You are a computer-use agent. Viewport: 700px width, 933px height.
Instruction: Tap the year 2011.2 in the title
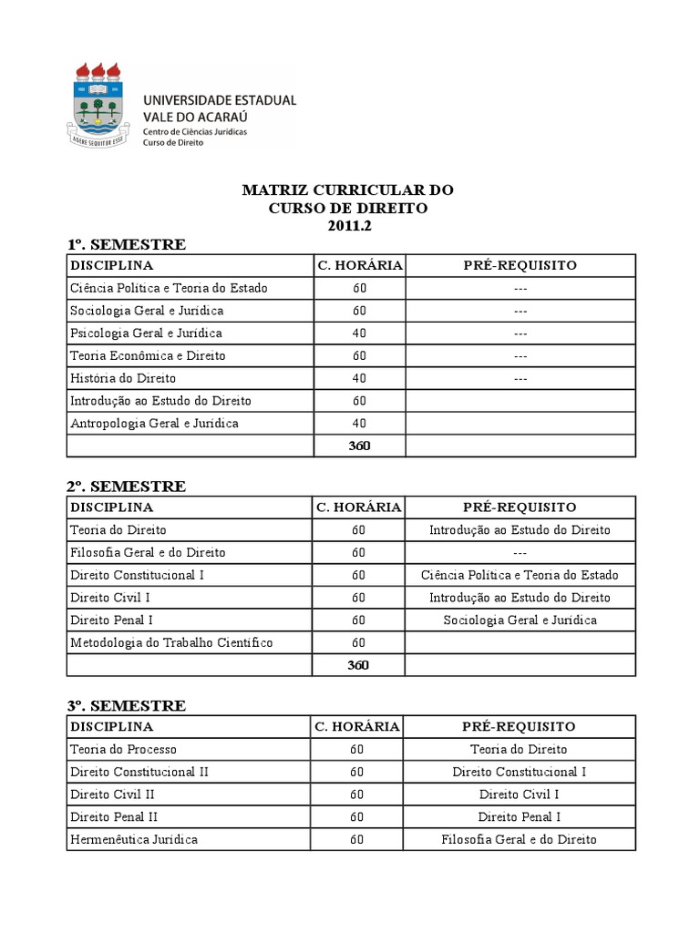point(346,226)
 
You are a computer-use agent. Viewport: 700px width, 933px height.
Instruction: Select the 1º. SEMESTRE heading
point(126,244)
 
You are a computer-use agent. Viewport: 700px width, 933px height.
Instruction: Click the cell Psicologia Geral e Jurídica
point(146,333)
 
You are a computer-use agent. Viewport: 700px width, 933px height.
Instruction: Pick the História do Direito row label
point(123,378)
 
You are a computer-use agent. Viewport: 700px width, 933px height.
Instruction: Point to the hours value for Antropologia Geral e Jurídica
point(358,424)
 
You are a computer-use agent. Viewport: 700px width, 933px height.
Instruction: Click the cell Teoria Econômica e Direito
point(148,355)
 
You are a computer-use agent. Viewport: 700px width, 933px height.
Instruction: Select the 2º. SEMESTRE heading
point(126,487)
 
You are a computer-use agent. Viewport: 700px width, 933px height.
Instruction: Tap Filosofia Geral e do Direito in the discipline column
point(148,552)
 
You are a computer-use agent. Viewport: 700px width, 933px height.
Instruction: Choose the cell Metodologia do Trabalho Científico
point(171,642)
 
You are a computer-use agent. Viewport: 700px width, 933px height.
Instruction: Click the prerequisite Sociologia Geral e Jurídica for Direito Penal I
point(520,620)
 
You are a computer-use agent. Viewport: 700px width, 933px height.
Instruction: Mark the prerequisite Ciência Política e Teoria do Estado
point(520,575)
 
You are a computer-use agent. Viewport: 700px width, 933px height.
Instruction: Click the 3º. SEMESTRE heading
point(126,706)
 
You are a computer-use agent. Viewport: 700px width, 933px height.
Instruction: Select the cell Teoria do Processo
point(123,749)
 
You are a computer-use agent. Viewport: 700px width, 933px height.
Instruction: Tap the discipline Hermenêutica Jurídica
point(134,839)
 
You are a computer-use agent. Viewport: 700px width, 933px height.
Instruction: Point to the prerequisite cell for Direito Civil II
point(520,795)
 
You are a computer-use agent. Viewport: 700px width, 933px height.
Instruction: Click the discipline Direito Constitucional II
point(139,772)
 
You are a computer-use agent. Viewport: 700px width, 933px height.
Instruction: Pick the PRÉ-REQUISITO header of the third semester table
point(520,726)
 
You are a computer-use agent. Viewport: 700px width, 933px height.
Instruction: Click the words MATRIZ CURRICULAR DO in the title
point(347,190)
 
